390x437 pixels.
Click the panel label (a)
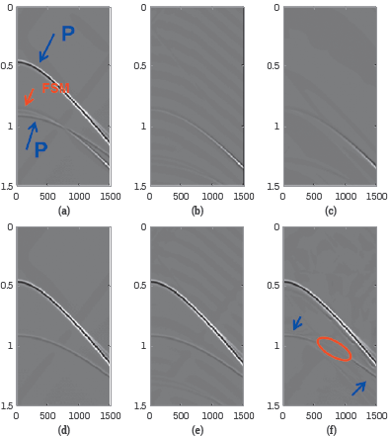64,211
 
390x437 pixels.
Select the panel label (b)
197,211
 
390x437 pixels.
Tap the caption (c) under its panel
330,211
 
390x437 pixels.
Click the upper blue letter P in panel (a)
68,34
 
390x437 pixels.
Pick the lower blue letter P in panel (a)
40,151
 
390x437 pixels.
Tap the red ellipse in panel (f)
334,348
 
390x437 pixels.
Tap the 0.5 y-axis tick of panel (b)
139,67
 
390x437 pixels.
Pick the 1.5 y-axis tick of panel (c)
273,186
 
